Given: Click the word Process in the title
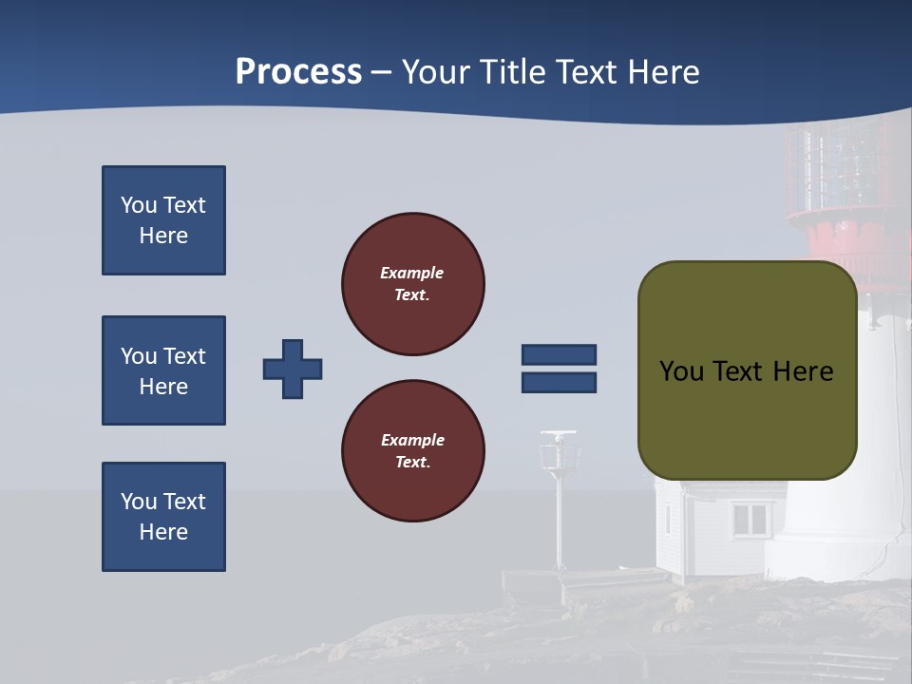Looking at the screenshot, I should point(298,72).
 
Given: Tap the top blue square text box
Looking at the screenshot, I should point(163,220).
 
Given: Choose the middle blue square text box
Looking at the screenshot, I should point(163,370).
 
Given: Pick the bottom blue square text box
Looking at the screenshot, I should point(163,517).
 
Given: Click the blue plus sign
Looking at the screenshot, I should point(293,369).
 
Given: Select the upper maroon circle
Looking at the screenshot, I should point(413,284).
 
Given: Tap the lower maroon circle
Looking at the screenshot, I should point(413,451).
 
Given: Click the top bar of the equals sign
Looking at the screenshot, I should point(559,355).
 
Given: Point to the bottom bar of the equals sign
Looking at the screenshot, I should point(559,382).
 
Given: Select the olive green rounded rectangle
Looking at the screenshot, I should point(747,370).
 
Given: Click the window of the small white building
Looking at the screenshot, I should point(750,519).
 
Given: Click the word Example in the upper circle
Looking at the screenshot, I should point(412,273).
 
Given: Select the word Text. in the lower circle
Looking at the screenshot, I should point(413,463).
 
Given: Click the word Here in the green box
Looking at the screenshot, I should point(803,371).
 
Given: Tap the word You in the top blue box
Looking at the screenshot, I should point(139,205).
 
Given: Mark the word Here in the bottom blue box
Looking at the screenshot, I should point(163,532).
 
